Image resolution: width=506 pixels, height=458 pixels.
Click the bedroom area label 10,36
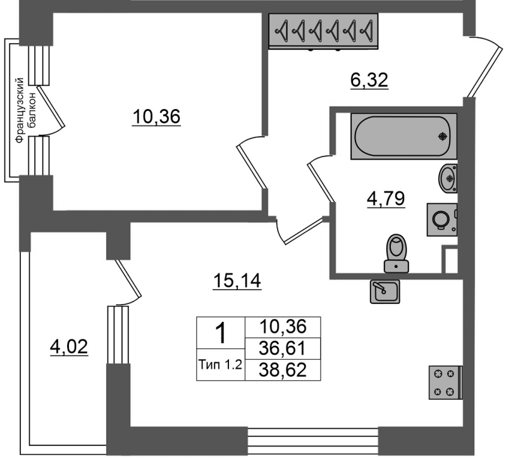pyautogui.click(x=156, y=117)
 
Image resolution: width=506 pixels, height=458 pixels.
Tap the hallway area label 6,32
pyautogui.click(x=369, y=80)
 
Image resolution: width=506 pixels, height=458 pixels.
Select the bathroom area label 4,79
pyautogui.click(x=386, y=198)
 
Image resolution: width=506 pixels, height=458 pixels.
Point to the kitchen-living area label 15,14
pyautogui.click(x=237, y=281)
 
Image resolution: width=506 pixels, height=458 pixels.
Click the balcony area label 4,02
pyautogui.click(x=69, y=347)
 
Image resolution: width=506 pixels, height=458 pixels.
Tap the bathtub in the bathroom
pyautogui.click(x=404, y=136)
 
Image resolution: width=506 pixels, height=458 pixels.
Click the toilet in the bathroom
pyautogui.click(x=397, y=254)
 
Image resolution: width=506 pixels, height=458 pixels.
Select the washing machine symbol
pyautogui.click(x=442, y=219)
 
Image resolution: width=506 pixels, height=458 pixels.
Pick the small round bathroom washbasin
pyautogui.click(x=448, y=178)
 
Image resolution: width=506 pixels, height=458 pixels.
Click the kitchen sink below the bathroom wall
pyautogui.click(x=385, y=291)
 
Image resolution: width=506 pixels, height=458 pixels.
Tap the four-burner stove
pyautogui.click(x=445, y=383)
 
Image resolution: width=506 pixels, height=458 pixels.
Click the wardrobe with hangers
pyautogui.click(x=323, y=31)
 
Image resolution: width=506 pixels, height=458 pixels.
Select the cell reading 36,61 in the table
pyautogui.click(x=282, y=348)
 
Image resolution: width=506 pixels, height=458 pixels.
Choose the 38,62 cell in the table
pyautogui.click(x=282, y=369)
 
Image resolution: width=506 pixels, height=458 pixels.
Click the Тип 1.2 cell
pyautogui.click(x=221, y=365)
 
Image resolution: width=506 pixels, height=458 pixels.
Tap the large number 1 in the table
pyautogui.click(x=221, y=334)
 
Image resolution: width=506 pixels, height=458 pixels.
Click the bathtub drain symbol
pyautogui.click(x=443, y=137)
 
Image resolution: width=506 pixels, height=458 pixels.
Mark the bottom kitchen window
pyautogui.click(x=313, y=442)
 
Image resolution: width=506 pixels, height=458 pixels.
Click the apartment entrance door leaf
pyautogui.click(x=484, y=73)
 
